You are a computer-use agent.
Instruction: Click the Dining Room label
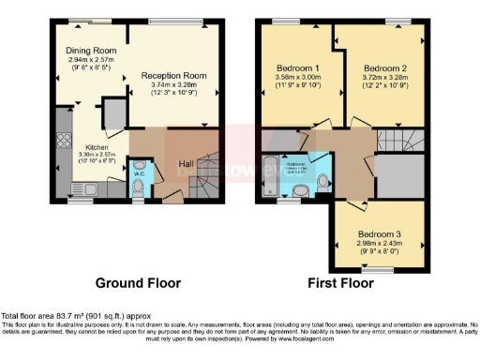point(89,52)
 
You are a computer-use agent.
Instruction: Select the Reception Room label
point(173,75)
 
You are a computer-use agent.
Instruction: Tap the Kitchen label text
point(98,147)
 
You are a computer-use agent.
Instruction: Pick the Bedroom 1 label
point(298,68)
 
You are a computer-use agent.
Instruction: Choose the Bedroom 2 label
point(385,68)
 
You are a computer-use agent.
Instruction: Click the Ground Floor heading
point(138,282)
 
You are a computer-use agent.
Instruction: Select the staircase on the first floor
point(397,142)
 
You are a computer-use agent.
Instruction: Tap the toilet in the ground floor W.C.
point(137,190)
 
